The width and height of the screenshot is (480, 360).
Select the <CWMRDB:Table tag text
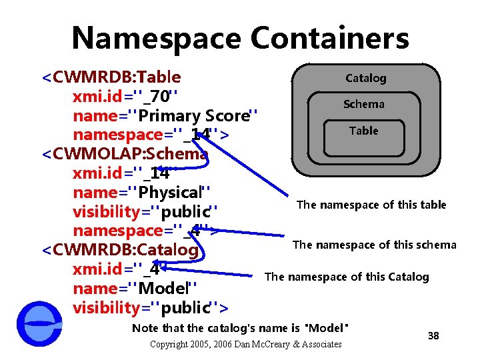111,77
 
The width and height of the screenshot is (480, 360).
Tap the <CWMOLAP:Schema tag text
125,155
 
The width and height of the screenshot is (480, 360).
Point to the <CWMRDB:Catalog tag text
120,251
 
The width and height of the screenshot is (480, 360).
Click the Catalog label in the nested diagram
365,78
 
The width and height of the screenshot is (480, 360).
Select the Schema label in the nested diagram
364,104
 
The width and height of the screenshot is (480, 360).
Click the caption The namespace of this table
371,205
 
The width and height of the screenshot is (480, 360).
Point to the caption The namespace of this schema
374,245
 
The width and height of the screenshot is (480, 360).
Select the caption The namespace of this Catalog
347,277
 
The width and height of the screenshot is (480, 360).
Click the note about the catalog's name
240,328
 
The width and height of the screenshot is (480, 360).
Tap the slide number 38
433,335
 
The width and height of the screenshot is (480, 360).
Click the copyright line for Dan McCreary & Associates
246,344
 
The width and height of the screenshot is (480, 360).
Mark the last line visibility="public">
150,308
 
